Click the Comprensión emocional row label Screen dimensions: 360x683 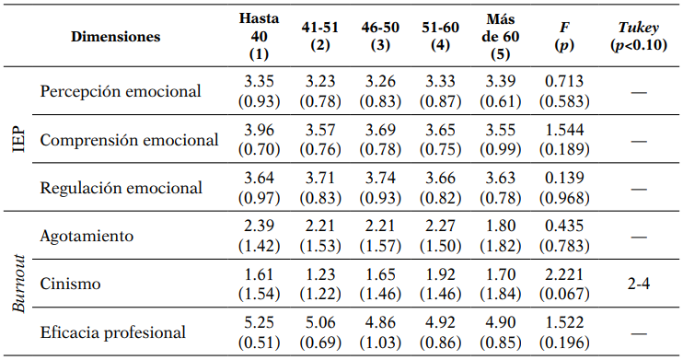pos(130,140)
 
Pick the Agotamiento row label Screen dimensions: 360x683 pos(87,236)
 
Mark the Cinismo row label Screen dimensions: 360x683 pos(71,285)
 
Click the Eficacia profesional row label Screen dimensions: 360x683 pos(113,332)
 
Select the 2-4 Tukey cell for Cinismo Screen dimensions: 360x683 pos(638,285)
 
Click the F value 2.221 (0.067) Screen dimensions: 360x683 pos(564,284)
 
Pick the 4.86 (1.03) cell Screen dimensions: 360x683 pos(379,331)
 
